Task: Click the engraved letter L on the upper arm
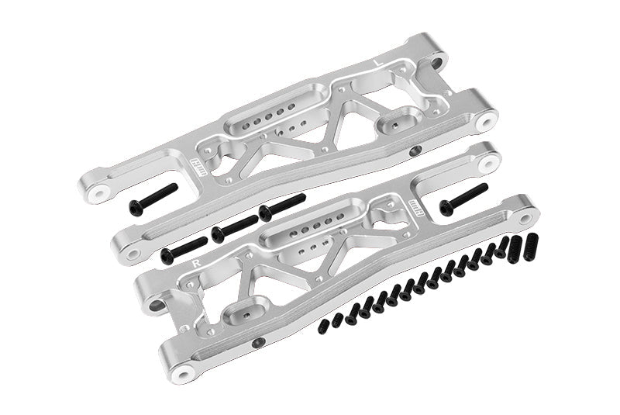point(377,60)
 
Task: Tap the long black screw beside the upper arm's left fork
point(153,199)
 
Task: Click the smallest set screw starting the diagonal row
point(323,329)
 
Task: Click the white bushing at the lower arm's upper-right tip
point(487,164)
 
